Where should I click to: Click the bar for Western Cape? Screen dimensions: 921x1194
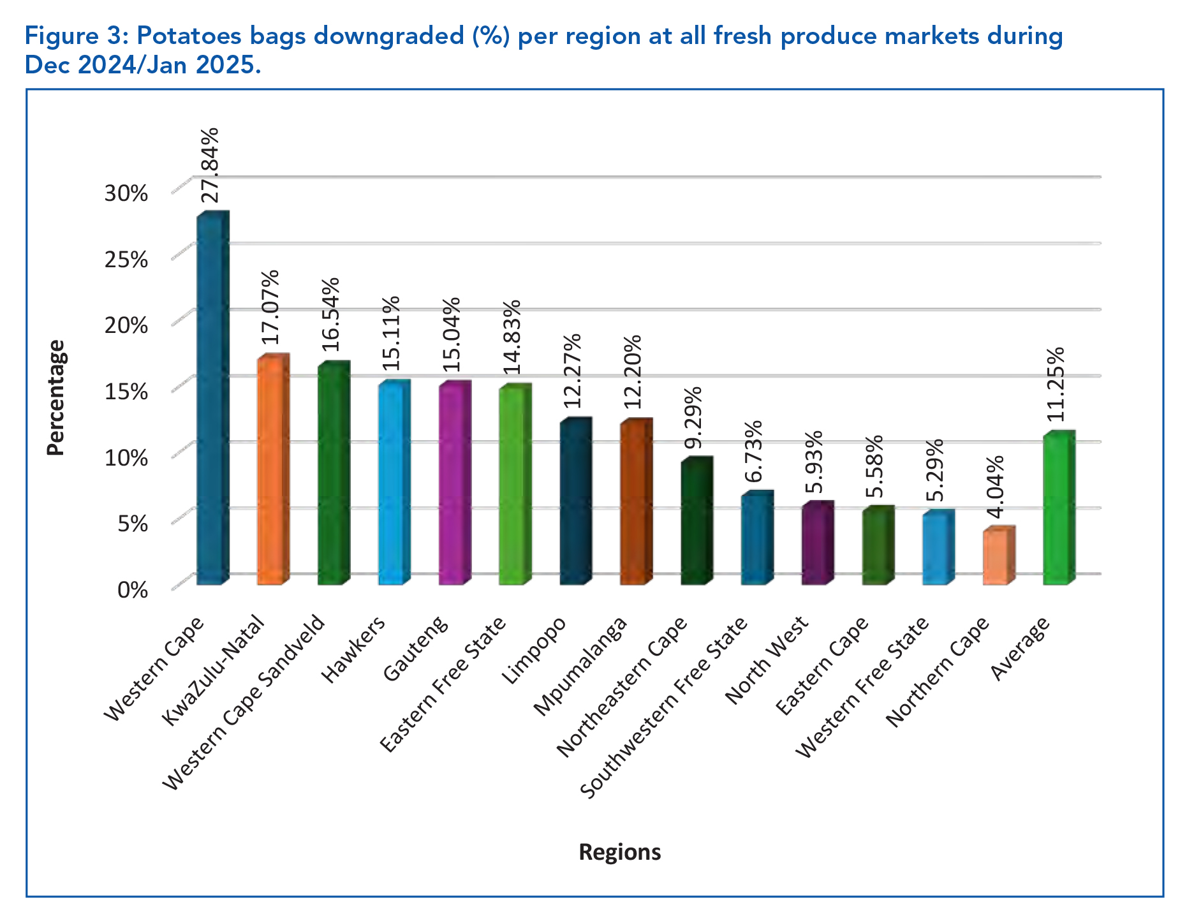click(x=211, y=399)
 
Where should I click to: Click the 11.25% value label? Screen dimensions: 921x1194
click(x=1056, y=385)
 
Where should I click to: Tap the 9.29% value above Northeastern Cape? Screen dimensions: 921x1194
click(x=694, y=418)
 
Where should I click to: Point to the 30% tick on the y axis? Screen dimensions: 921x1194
click(x=126, y=193)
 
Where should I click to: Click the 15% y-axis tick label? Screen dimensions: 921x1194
click(x=126, y=391)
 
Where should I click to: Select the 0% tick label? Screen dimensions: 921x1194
click(x=133, y=589)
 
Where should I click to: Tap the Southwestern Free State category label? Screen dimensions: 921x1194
click(x=664, y=708)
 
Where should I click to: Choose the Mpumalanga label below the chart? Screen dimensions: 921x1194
click(x=580, y=667)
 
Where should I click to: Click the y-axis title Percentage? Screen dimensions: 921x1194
click(x=56, y=397)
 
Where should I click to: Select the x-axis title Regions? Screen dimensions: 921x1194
click(x=619, y=852)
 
